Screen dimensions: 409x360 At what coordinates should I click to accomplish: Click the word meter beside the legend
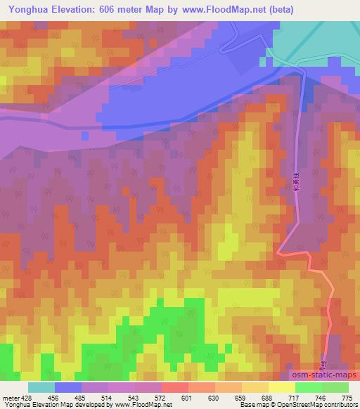point(10,397)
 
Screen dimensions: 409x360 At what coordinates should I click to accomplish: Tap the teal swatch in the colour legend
point(41,387)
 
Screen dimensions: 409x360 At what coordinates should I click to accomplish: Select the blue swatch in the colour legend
point(68,387)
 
